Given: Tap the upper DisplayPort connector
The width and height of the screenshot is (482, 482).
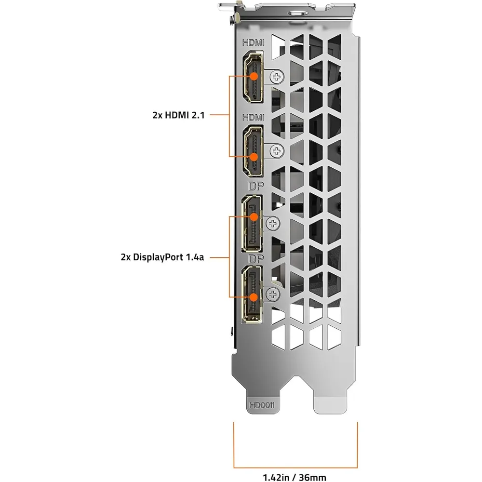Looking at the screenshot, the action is tap(252, 224).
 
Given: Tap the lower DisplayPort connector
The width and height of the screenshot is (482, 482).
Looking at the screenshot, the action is tap(252, 294).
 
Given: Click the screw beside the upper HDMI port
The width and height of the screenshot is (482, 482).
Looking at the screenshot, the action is tap(277, 77).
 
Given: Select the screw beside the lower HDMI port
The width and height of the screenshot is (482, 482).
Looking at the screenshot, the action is tap(277, 151).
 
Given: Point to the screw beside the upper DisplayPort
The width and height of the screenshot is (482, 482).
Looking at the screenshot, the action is tap(273, 224).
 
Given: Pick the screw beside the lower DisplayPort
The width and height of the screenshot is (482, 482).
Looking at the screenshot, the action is tap(273, 295).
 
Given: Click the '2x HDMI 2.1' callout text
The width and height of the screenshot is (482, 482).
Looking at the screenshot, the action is tap(178, 115).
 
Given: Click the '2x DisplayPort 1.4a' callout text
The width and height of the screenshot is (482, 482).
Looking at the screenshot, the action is tap(162, 257).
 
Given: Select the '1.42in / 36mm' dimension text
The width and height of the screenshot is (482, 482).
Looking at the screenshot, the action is tap(295, 477).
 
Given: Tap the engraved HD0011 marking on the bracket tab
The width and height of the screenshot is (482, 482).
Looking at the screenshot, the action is tap(262, 405).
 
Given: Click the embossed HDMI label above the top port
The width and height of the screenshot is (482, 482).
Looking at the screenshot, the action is tap(254, 42).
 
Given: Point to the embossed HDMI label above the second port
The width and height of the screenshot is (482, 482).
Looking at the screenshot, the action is tap(254, 117).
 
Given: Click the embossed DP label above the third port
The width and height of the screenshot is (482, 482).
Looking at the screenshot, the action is tap(256, 186).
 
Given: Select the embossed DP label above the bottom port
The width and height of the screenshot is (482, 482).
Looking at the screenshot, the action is tap(256, 259).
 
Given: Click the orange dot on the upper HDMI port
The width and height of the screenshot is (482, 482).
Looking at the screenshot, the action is tap(254, 76).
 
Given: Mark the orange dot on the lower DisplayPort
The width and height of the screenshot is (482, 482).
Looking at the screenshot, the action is tap(254, 297).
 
